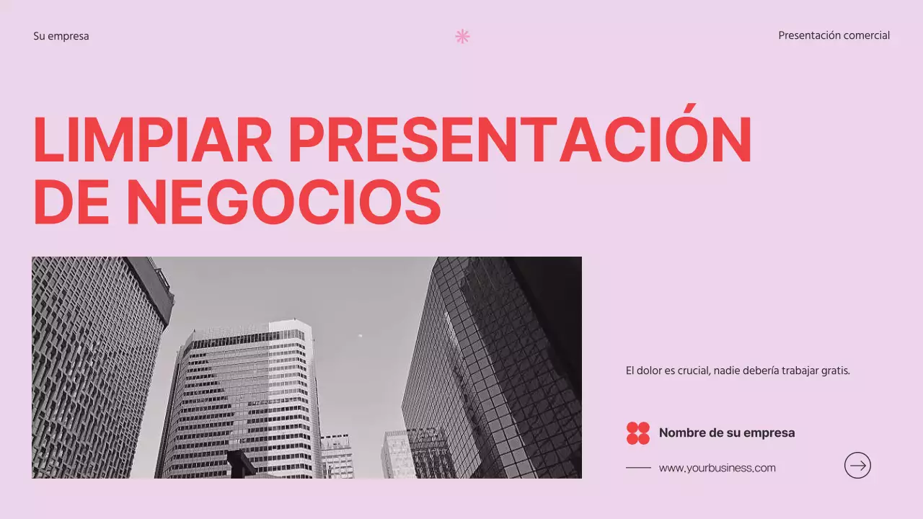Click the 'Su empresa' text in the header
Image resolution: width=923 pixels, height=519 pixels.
click(x=61, y=36)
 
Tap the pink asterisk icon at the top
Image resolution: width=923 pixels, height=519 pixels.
click(x=462, y=36)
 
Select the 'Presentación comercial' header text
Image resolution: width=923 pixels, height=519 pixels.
click(x=834, y=35)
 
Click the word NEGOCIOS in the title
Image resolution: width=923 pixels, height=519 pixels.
click(x=283, y=202)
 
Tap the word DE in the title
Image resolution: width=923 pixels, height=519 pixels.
click(x=70, y=202)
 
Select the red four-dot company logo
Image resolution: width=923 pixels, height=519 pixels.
click(x=638, y=433)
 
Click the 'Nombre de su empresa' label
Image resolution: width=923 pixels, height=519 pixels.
click(x=727, y=433)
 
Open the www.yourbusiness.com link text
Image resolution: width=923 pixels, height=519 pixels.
click(x=717, y=468)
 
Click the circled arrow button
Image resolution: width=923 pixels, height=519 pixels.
click(x=857, y=466)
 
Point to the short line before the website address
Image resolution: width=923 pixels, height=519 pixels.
click(x=638, y=468)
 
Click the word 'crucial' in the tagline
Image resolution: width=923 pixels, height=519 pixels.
click(x=693, y=371)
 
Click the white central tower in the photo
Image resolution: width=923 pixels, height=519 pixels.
click(x=245, y=396)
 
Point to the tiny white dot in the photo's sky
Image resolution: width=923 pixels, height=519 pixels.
click(x=360, y=335)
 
